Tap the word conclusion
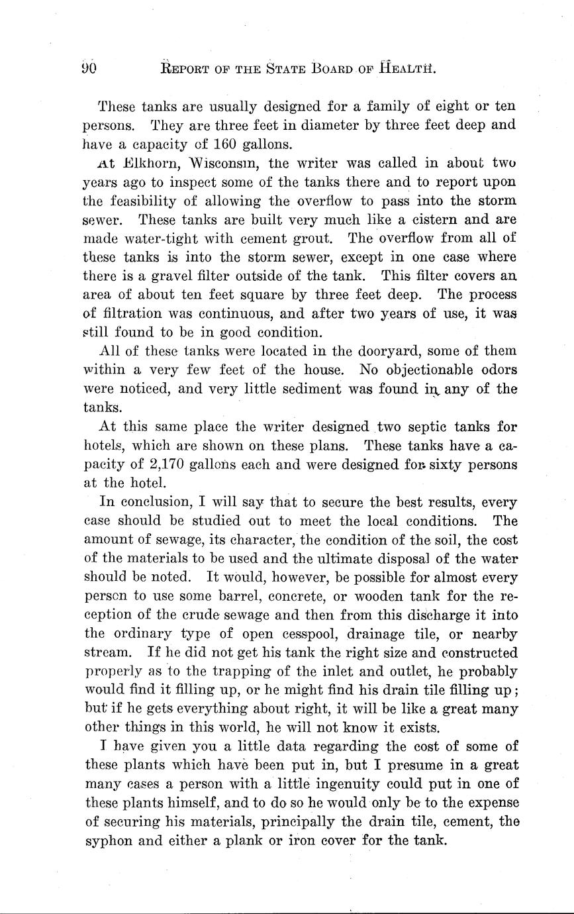[x=145, y=502]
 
